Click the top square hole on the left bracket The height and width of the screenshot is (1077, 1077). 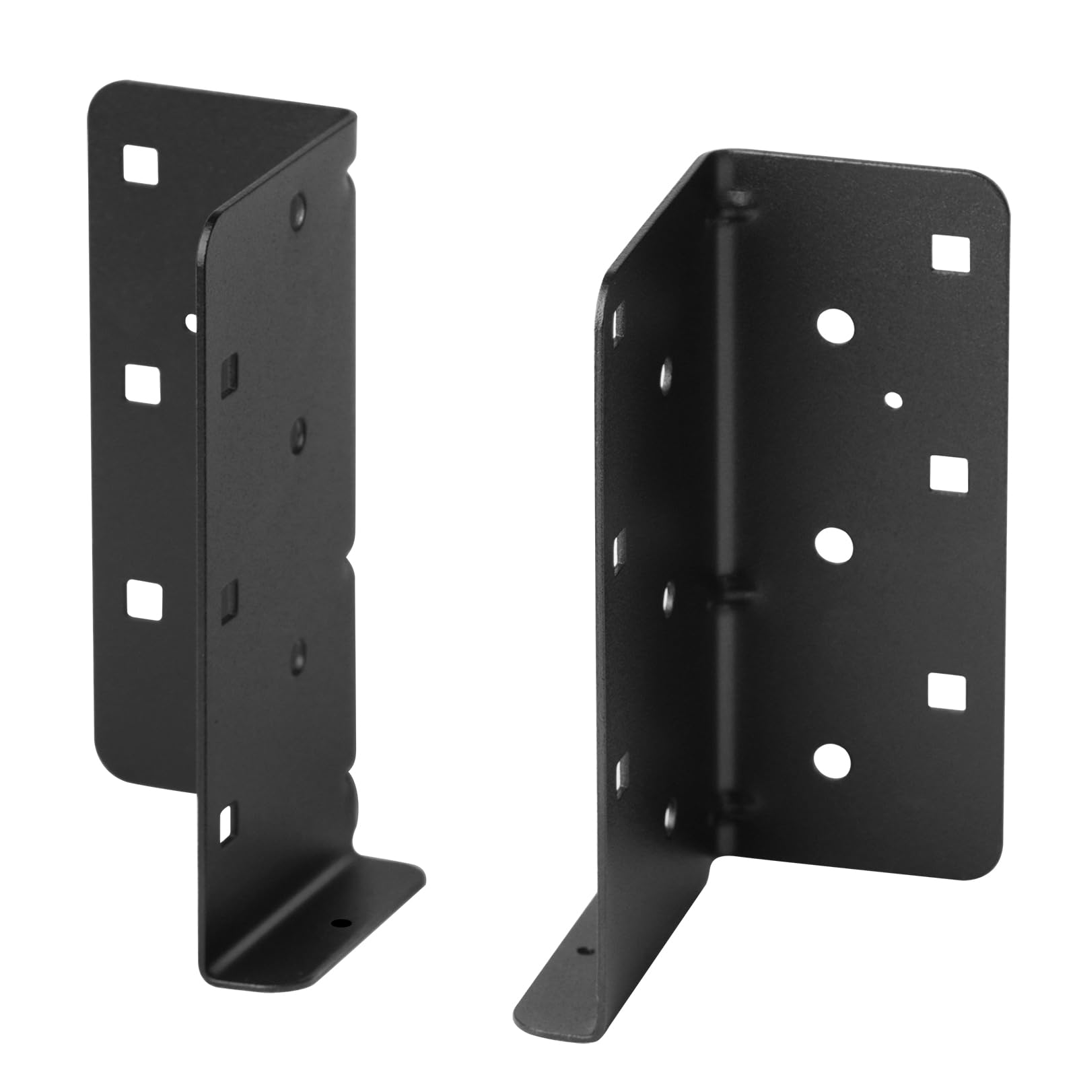tap(143, 164)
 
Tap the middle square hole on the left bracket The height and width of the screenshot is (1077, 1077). tap(143, 384)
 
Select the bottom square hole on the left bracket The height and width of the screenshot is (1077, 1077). tap(143, 599)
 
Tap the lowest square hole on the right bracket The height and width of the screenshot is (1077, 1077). tap(946, 691)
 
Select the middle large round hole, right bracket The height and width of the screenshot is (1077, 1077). tap(834, 545)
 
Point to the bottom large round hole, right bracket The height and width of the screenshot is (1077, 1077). tap(832, 761)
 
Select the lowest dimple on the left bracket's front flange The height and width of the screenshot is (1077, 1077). tap(297, 654)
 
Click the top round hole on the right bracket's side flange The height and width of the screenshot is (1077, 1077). tap(666, 374)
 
